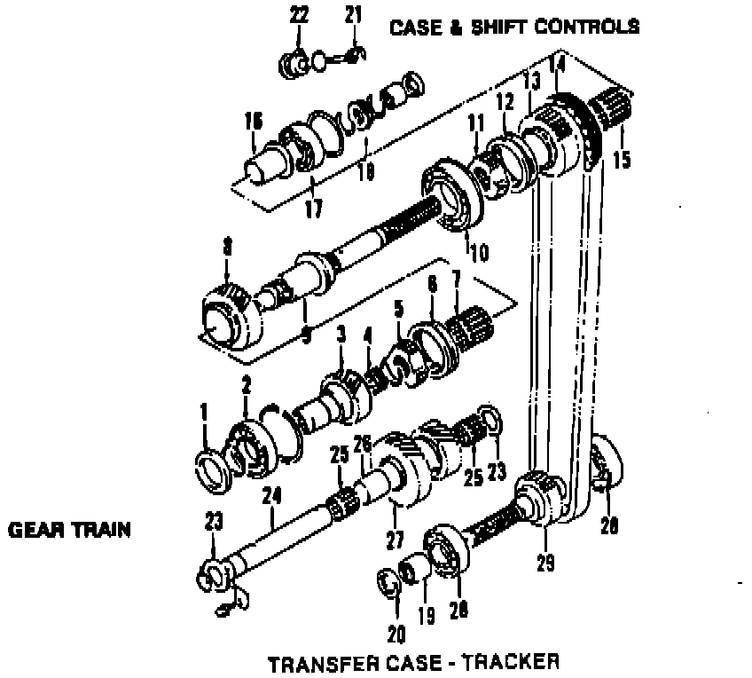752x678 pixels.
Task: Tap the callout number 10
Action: coord(479,252)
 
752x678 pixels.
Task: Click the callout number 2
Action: coord(247,384)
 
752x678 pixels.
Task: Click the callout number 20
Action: coord(396,633)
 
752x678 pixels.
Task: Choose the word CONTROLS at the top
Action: coord(585,27)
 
